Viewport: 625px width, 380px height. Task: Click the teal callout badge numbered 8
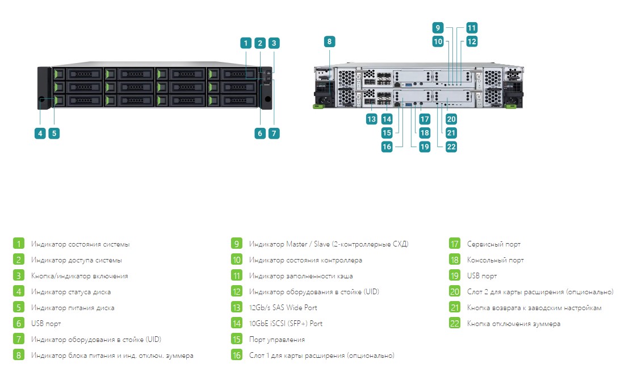(x=329, y=41)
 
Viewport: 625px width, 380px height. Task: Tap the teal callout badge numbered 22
(x=451, y=147)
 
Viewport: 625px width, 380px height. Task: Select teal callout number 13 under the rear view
(x=371, y=119)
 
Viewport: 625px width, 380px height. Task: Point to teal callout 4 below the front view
(x=40, y=133)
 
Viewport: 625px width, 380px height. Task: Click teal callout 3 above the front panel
(x=274, y=43)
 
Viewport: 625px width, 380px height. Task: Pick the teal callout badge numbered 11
(x=472, y=28)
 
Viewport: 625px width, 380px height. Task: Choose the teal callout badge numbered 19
(x=425, y=147)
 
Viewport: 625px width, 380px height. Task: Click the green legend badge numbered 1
(x=18, y=244)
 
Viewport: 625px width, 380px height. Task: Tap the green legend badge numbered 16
(x=237, y=355)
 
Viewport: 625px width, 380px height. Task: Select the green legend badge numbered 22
(x=455, y=323)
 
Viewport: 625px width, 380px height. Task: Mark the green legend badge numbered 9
(x=237, y=244)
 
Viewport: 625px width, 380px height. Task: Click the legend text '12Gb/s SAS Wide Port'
(x=283, y=307)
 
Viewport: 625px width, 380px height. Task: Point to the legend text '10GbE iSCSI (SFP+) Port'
(x=286, y=323)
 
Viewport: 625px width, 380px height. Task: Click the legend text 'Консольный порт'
(x=496, y=260)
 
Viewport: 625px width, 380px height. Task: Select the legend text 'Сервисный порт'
(x=494, y=244)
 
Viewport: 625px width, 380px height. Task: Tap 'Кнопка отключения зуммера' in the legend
(x=514, y=324)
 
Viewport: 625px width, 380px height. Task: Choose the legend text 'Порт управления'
(x=277, y=340)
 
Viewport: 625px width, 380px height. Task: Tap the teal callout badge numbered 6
(x=260, y=133)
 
